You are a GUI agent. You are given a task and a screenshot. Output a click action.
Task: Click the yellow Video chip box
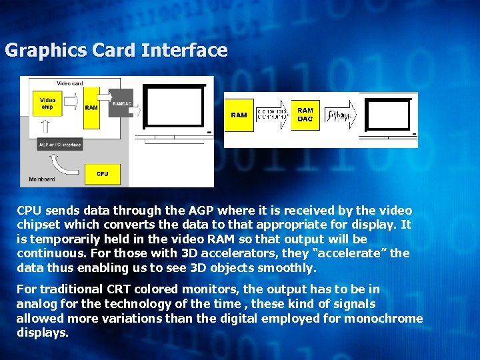coord(47,104)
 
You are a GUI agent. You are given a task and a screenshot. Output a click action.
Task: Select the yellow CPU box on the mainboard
coord(101,174)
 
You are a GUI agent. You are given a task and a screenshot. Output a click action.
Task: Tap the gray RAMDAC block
coord(122,104)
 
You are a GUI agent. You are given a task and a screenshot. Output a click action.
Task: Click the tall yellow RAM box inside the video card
coord(91,107)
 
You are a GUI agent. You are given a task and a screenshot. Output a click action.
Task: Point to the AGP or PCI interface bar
coord(60,145)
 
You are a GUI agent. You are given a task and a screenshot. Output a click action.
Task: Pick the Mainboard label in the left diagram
coord(41,179)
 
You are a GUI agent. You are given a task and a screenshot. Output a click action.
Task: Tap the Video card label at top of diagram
coord(70,83)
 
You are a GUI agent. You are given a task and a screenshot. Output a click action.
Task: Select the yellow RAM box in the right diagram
coord(239,115)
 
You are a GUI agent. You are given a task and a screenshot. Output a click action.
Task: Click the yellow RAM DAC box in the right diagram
coord(305,115)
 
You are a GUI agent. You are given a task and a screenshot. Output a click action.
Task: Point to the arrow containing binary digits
coord(274,115)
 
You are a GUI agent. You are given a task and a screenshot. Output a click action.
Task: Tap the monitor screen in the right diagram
coord(389,114)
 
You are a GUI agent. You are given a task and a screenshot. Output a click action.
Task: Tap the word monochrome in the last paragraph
coord(383,318)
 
